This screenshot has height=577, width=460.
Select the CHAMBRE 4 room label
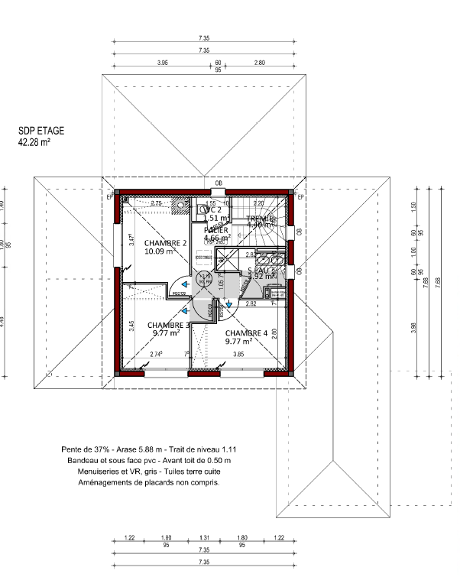246,333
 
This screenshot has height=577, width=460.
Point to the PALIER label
216,229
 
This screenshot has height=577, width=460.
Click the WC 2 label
212,209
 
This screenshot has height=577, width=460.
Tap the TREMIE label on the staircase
261,219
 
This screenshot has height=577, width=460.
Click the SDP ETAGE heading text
40,131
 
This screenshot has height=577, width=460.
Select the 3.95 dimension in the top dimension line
162,63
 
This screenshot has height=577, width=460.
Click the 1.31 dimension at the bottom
204,538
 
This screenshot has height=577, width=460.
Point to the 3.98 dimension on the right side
413,326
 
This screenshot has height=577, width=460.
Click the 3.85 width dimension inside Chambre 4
238,355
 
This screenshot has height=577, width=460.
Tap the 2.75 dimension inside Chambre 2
156,203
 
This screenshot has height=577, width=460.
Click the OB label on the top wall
219,183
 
